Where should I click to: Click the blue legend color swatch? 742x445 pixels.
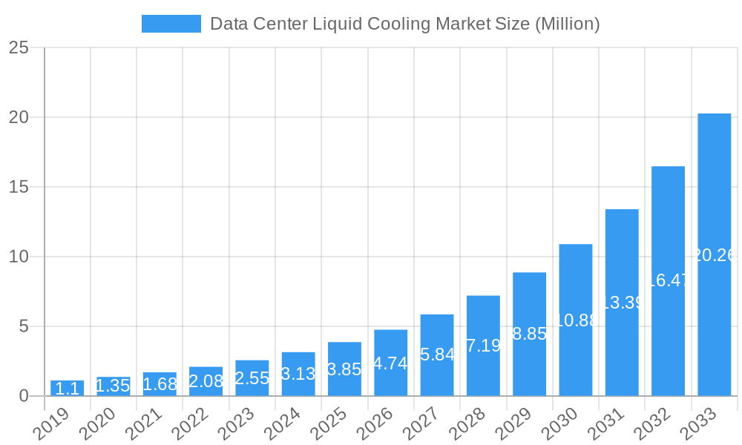pos(171,24)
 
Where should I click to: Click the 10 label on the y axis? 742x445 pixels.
pos(19,257)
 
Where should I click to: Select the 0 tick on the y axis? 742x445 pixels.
pos(24,396)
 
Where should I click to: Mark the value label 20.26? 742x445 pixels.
pos(714,255)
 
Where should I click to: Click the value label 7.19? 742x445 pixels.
pos(483,346)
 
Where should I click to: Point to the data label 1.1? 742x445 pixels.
pos(68,389)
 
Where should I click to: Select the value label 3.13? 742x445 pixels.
pos(298,374)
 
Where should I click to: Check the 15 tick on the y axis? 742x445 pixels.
pos(19,187)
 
